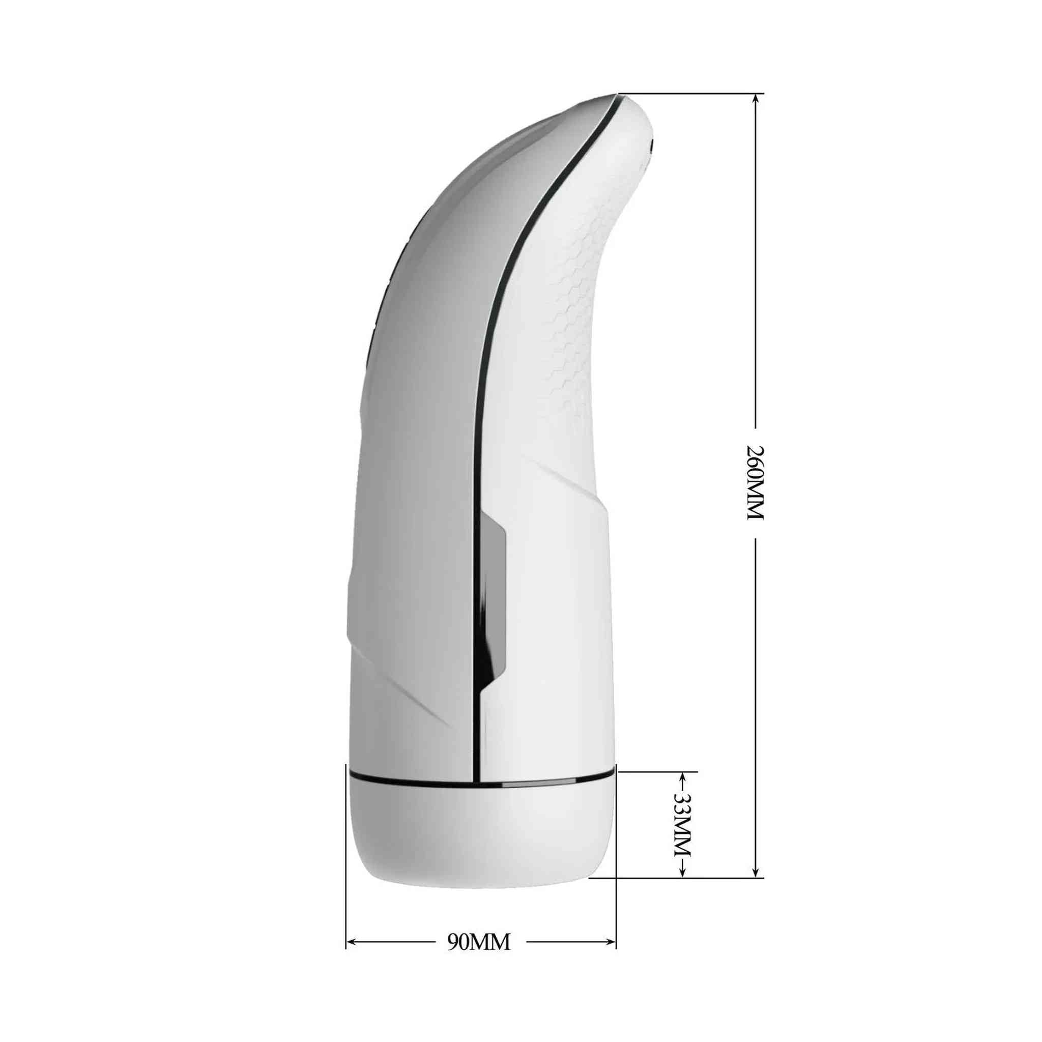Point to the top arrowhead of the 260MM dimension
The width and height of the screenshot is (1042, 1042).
756,100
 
